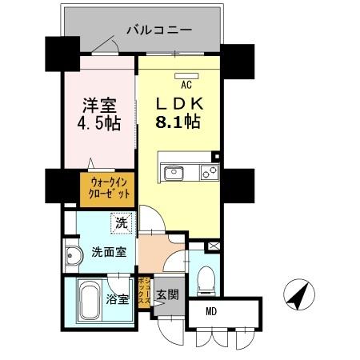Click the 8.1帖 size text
click(178, 124)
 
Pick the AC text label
click(186, 85)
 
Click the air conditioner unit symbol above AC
click(185, 76)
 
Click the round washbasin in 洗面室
click(73, 256)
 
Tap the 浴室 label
click(117, 301)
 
